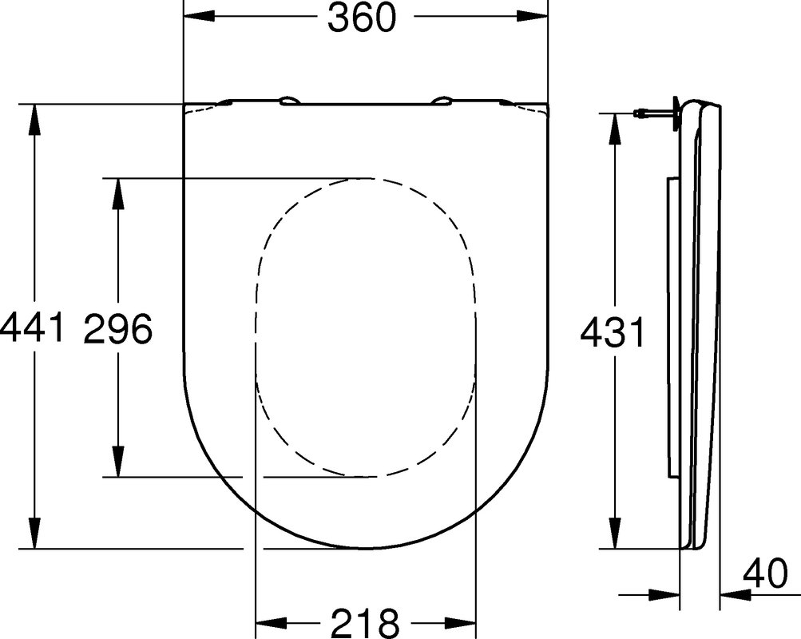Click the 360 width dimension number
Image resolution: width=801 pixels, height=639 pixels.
(x=362, y=18)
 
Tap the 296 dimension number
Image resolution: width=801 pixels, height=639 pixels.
(x=118, y=328)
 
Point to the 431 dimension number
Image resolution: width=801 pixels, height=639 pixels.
(x=613, y=332)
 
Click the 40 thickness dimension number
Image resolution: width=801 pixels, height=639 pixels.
(x=765, y=574)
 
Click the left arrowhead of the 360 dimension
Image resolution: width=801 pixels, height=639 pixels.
(x=199, y=16)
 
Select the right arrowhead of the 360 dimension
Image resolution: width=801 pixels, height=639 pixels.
(x=532, y=16)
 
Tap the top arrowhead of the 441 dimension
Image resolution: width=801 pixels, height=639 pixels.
(x=34, y=120)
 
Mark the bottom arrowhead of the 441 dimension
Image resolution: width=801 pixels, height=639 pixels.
(x=34, y=534)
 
